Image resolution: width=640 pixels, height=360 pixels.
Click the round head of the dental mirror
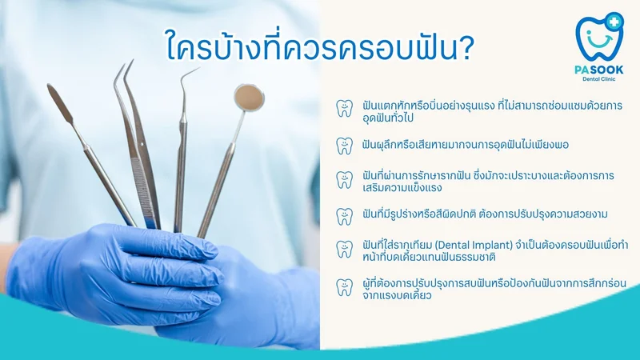coord(249,98)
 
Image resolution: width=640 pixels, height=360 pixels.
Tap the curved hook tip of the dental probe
coord(190,74)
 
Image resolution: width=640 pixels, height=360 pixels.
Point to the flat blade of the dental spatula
coord(60,103)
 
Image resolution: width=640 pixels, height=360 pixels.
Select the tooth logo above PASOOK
coord(598,37)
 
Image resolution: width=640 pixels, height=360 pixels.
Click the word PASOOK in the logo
coord(598,70)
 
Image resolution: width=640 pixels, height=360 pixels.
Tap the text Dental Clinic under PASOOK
coord(598,78)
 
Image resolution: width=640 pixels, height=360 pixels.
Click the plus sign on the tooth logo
coord(614,22)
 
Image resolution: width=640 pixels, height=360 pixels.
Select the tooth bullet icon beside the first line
coord(344,108)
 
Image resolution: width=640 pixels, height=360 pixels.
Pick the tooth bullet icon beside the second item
coord(344,146)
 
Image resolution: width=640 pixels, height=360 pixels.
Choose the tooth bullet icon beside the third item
coord(344,180)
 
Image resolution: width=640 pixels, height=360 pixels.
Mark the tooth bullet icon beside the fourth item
coord(344,216)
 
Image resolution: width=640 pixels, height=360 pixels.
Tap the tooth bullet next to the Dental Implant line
coord(344,249)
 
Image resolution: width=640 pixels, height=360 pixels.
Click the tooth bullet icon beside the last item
coord(344,287)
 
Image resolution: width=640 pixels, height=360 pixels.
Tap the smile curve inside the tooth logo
coord(599,42)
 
